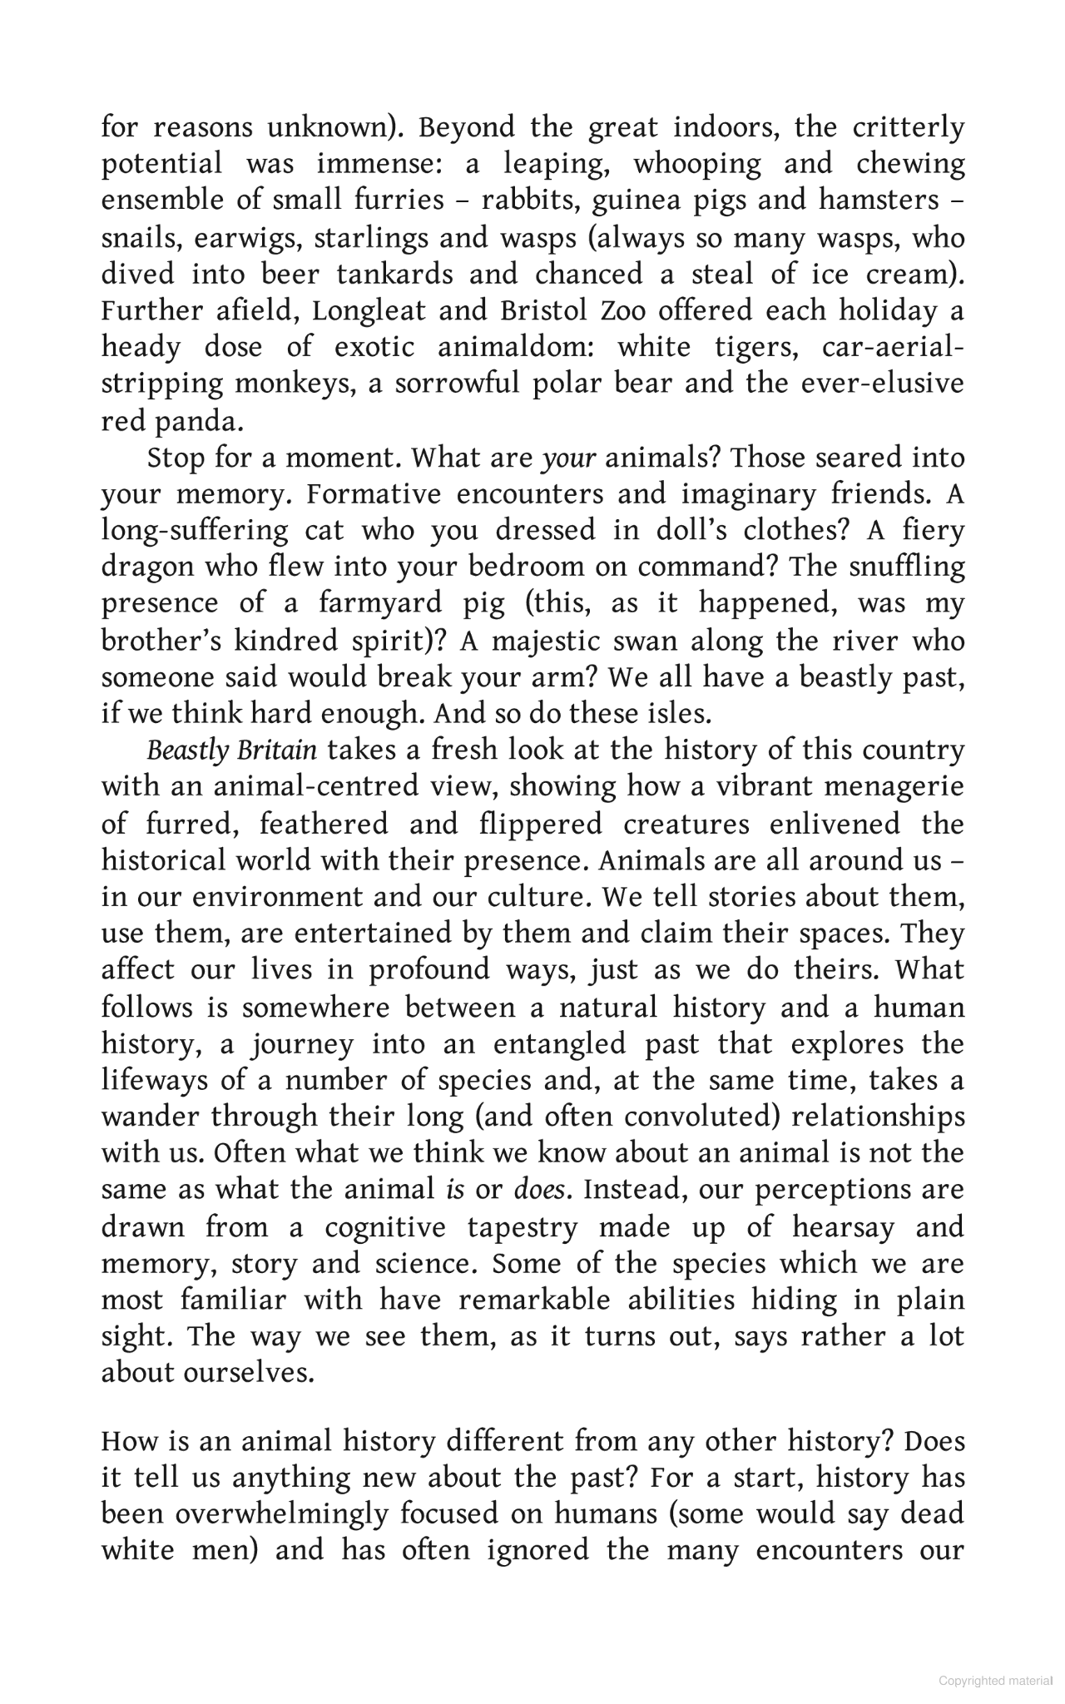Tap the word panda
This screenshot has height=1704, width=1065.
click(x=206, y=422)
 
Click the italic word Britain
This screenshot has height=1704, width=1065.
click(x=277, y=751)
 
